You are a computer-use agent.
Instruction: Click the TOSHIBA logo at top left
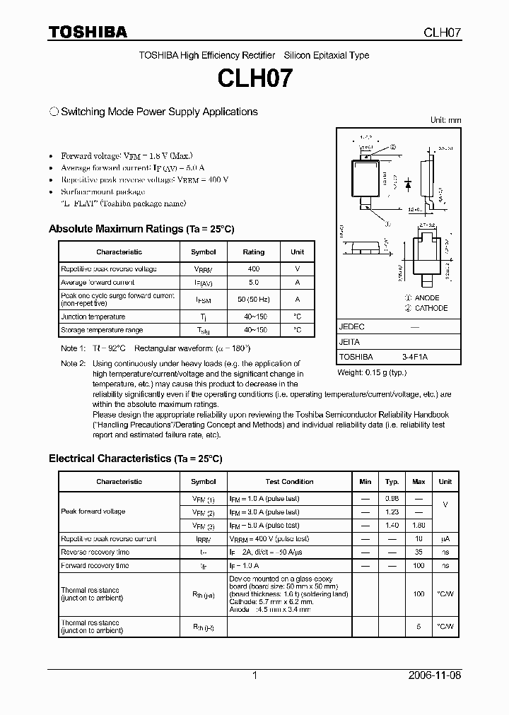click(88, 32)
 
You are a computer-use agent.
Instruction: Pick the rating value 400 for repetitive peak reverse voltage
click(254, 268)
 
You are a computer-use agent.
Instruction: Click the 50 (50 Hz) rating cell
click(254, 300)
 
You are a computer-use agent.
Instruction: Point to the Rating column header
click(254, 252)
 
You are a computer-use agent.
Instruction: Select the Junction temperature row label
click(93, 317)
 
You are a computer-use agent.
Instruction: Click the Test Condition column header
click(289, 482)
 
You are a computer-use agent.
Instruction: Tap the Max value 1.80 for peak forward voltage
click(419, 525)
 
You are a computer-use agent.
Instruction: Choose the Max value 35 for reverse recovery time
click(419, 552)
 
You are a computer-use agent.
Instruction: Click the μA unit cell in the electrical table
click(445, 538)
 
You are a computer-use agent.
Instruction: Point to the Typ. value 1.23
click(392, 512)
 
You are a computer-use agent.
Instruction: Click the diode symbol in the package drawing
click(408, 182)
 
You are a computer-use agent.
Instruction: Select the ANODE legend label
click(426, 298)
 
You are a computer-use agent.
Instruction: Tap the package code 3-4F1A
click(415, 357)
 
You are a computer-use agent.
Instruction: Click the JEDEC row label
click(352, 327)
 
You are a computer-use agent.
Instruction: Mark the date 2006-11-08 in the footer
click(435, 675)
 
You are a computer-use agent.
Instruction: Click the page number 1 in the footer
click(255, 675)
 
